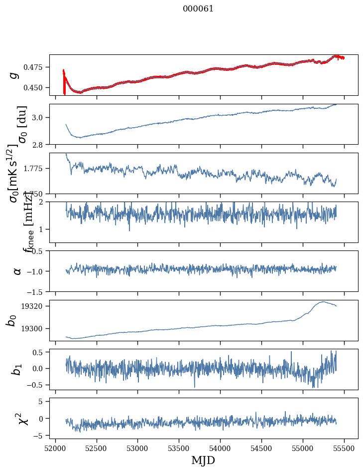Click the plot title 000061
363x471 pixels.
(x=198, y=8)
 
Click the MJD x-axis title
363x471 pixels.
(x=203, y=460)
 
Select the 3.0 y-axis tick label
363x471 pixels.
(x=41, y=117)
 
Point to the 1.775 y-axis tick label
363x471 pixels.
(x=37, y=169)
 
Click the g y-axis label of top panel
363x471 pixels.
(x=14, y=75)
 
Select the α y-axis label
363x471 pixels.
(x=17, y=271)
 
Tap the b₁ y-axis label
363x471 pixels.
(x=16, y=369)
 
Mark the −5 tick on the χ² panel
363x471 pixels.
(x=42, y=436)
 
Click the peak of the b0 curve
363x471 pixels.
(x=323, y=301)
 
